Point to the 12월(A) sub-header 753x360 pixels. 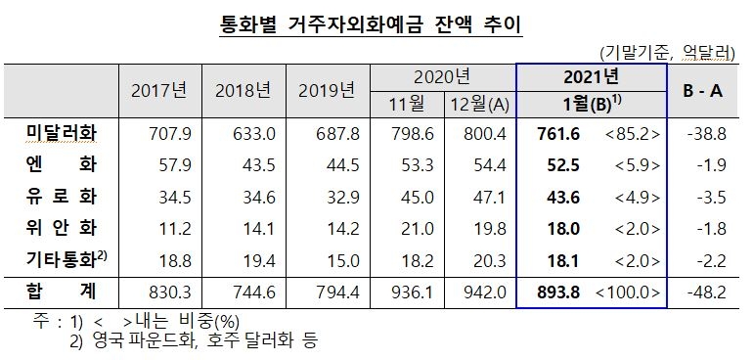tap(475, 104)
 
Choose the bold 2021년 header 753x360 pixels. tap(591, 76)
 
